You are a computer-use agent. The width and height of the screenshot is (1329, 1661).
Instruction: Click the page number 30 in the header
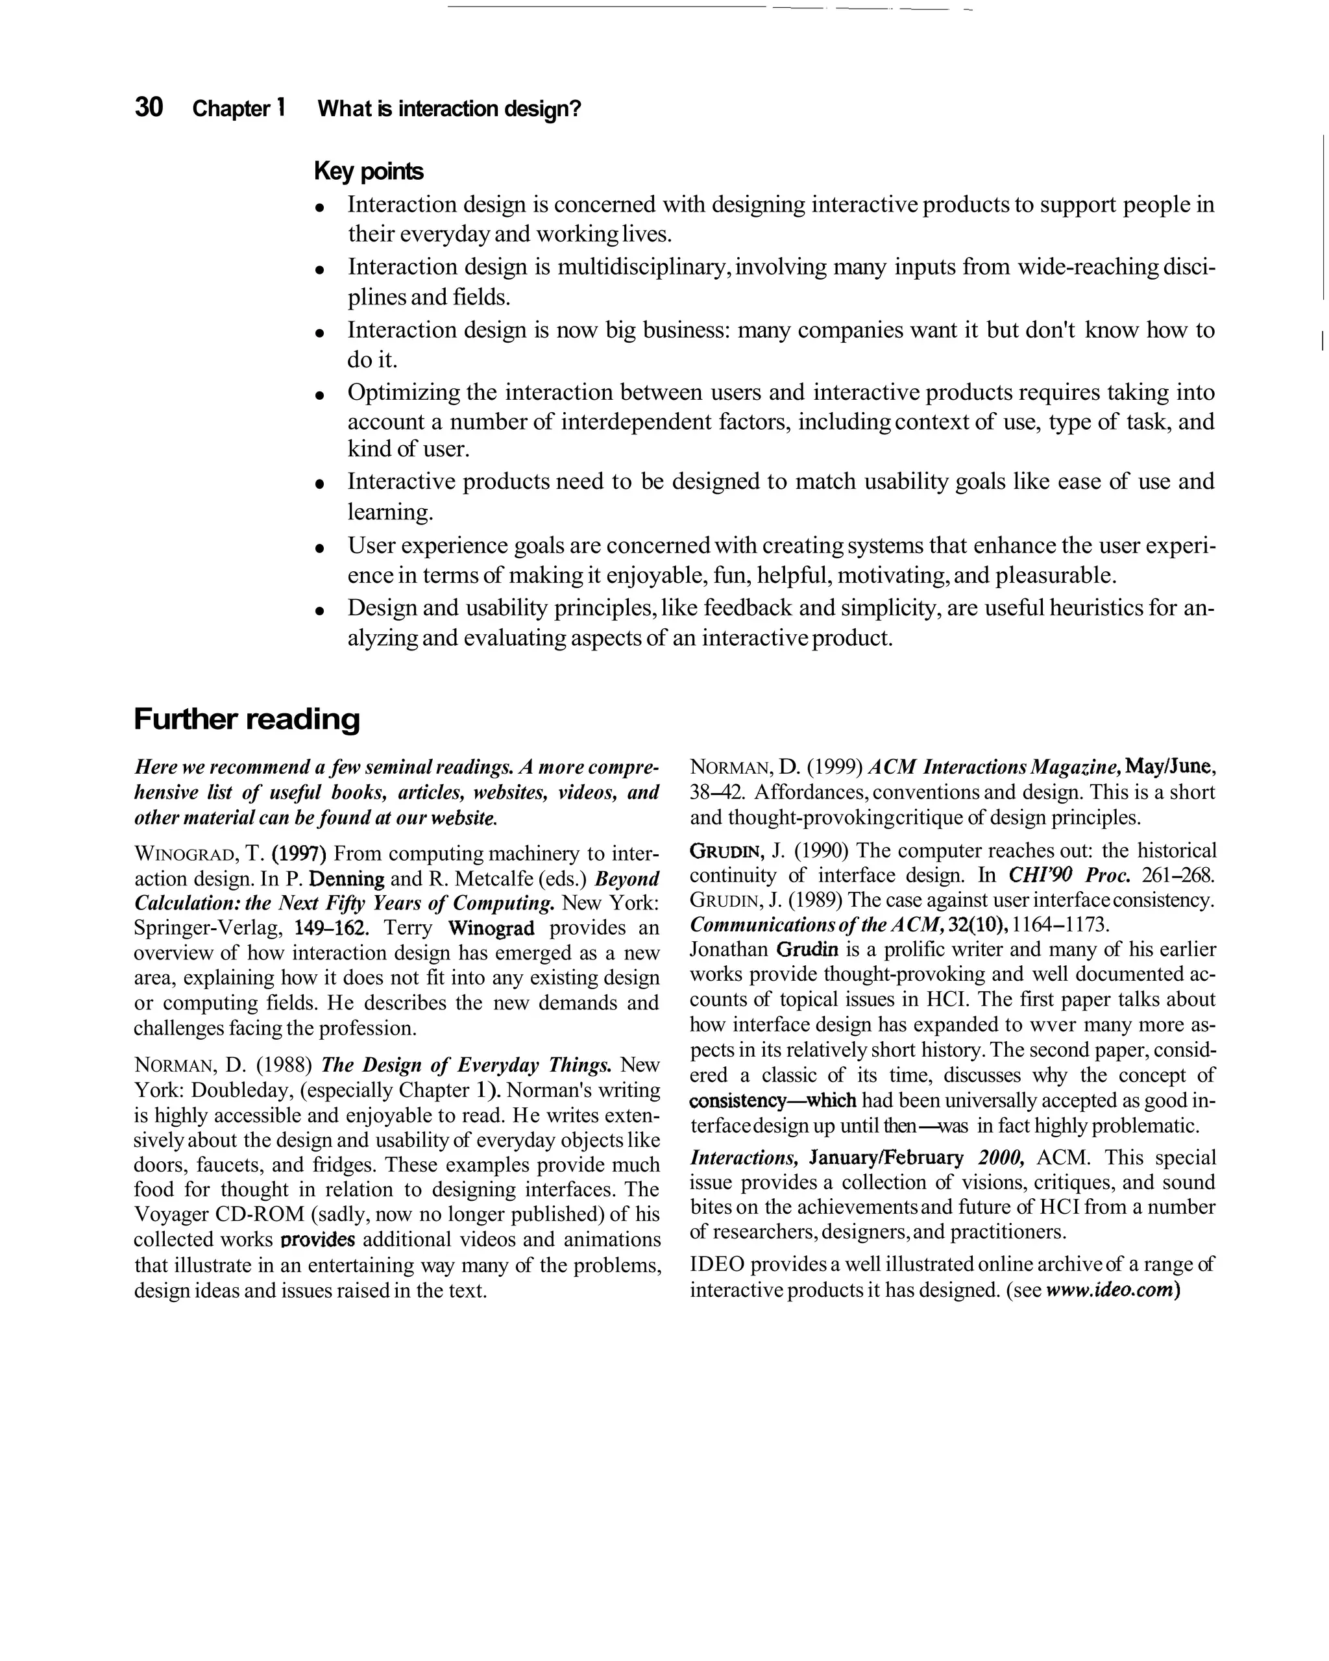point(149,107)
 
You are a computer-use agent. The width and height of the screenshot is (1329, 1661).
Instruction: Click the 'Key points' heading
point(369,171)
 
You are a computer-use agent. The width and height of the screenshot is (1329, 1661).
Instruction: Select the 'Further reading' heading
point(247,719)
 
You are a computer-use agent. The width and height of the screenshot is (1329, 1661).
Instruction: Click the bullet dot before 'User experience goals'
point(319,548)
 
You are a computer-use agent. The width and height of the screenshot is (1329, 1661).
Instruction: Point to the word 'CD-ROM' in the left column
point(259,1215)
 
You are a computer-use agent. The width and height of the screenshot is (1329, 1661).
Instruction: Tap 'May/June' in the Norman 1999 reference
point(1168,767)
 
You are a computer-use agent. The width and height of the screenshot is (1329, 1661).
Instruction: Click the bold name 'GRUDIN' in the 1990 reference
point(727,852)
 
